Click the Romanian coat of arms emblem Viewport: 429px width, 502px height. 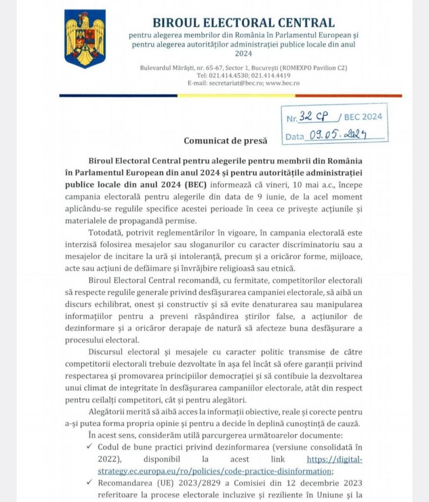(85, 39)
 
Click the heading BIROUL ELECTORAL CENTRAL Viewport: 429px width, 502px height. (243, 23)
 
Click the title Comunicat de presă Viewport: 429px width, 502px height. (226, 141)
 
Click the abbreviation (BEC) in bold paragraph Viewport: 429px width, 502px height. (197, 185)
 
